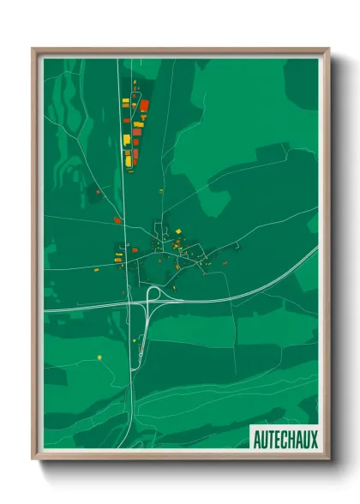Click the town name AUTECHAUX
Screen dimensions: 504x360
tap(285, 440)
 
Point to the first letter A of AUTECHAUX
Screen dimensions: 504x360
tap(257, 440)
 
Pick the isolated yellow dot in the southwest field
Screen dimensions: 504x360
tap(100, 357)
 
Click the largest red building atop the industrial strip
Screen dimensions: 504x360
tap(144, 106)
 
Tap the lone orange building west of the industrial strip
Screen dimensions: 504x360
tap(98, 193)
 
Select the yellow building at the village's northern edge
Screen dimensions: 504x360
tap(177, 231)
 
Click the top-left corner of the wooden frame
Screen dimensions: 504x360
tap(33, 50)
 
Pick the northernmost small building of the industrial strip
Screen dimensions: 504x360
tap(135, 83)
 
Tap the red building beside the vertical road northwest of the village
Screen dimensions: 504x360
tap(117, 220)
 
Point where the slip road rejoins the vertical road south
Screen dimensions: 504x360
tap(133, 370)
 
